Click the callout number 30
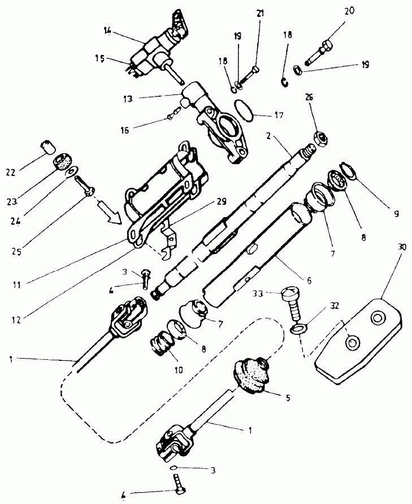point(402,247)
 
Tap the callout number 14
point(107,31)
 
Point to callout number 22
point(10,173)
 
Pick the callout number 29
point(222,201)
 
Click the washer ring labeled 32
point(298,329)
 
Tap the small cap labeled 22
point(48,147)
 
